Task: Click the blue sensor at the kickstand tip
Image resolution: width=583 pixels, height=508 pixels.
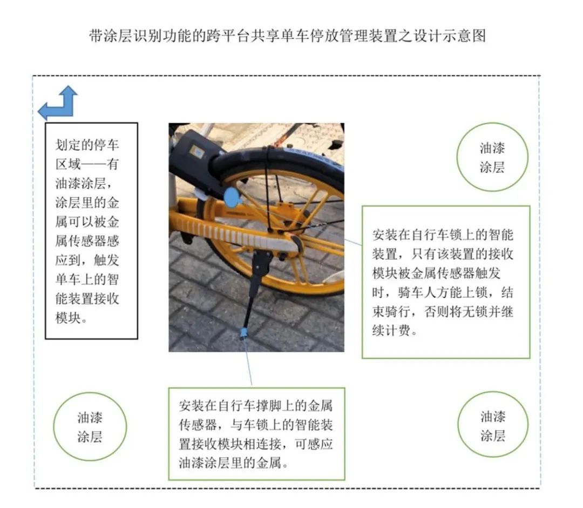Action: click(x=243, y=333)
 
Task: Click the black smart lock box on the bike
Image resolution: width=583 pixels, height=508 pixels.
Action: click(x=193, y=160)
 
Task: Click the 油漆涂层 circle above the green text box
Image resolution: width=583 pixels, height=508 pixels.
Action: click(x=492, y=157)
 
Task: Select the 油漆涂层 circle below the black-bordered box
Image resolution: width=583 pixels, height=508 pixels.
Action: click(x=90, y=426)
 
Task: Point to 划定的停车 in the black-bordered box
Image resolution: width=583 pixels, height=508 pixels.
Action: click(x=87, y=145)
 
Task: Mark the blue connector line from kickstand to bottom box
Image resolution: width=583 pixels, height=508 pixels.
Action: click(x=248, y=361)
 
